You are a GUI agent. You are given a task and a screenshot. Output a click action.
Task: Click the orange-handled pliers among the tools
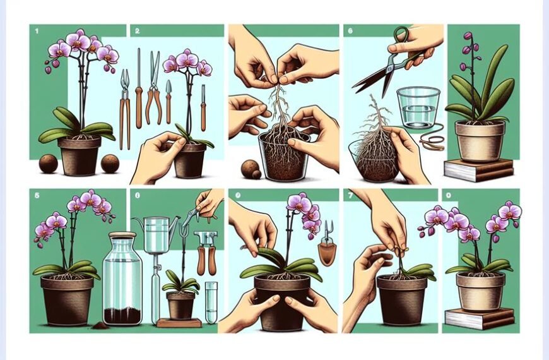coord(153,88)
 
